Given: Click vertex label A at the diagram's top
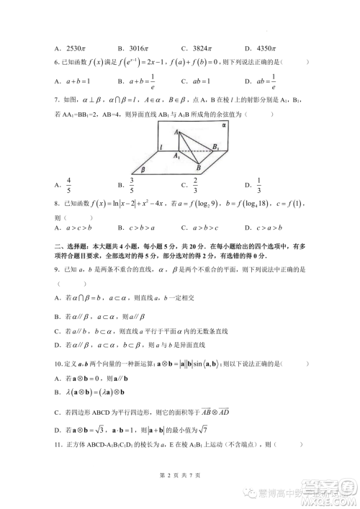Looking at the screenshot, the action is click(177, 131).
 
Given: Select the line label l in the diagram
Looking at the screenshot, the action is click(162, 150).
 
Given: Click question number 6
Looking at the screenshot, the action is click(58, 63).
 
